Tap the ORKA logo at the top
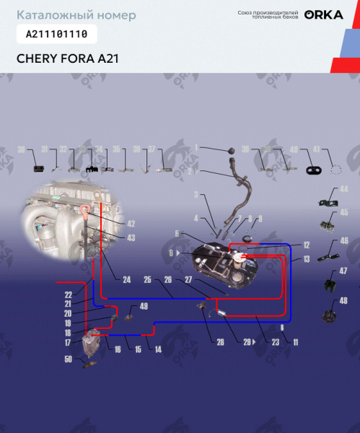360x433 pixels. click(323, 14)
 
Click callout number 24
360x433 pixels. click(126, 279)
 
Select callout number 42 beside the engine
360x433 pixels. click(131, 223)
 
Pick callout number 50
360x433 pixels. click(68, 359)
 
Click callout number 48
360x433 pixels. click(343, 300)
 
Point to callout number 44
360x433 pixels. click(343, 189)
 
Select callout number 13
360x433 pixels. click(306, 258)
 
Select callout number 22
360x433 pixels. click(68, 294)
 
